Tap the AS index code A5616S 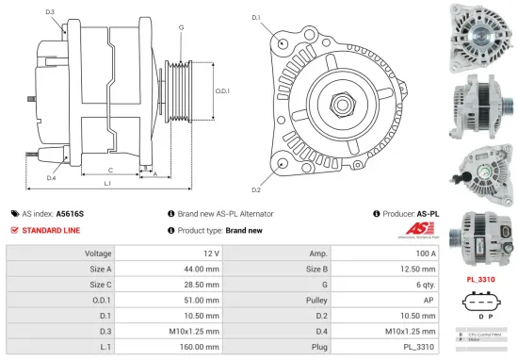coord(70,214)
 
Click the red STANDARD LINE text coord(51,230)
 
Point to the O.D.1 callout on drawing coord(222,90)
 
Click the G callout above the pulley coord(181,27)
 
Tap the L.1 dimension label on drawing coord(108,183)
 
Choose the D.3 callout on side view coord(49,11)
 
